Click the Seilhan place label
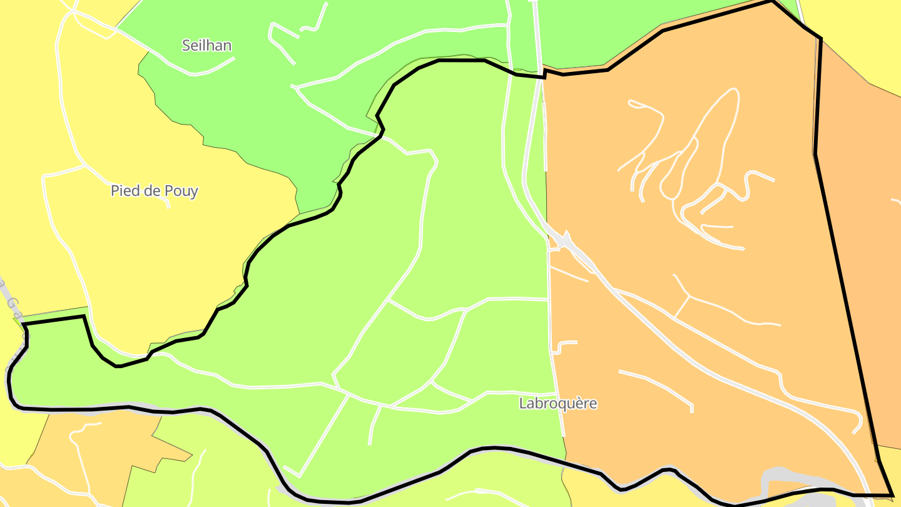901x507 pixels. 206,45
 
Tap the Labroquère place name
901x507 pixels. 558,404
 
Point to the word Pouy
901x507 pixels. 181,191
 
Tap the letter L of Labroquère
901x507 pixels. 523,404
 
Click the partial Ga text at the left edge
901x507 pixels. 14,307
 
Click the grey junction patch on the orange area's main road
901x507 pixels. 565,240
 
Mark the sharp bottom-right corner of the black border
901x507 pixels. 892,495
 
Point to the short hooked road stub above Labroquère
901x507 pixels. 563,346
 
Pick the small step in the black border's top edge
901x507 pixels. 545,73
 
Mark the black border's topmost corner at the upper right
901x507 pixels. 772,1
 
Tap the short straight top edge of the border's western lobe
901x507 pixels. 55,320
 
